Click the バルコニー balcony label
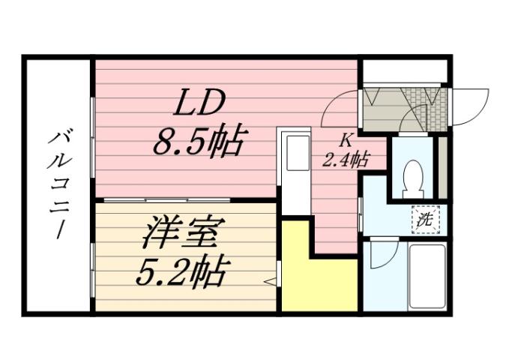(x=58, y=181)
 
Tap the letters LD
(x=200, y=103)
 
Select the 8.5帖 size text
(x=199, y=140)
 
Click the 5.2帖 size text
(x=182, y=271)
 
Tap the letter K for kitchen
(x=346, y=139)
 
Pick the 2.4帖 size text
(x=346, y=159)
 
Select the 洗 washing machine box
(x=425, y=220)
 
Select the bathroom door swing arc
(x=379, y=255)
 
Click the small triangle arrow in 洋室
(x=271, y=282)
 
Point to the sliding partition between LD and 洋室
(x=187, y=199)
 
